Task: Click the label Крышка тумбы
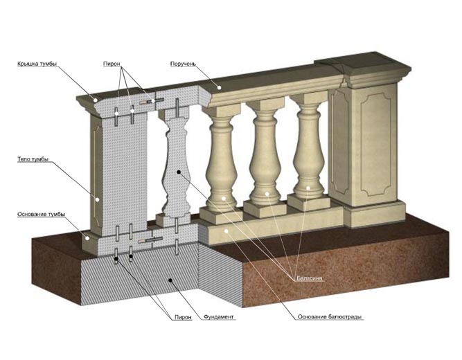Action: (37, 64)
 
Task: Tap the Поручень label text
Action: (183, 64)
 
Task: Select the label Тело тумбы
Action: (33, 159)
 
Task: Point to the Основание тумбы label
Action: (41, 214)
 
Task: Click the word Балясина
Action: (310, 278)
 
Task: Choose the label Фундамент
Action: (219, 316)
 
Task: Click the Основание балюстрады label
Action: (330, 316)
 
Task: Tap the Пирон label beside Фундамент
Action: (183, 317)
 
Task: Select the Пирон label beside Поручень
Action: (112, 64)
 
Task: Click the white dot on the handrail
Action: (219, 87)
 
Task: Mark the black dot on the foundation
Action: (170, 280)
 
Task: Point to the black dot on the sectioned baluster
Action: (178, 172)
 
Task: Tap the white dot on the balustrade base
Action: (226, 231)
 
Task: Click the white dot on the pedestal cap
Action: (96, 100)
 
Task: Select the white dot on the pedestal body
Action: (97, 199)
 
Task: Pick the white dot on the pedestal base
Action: (87, 238)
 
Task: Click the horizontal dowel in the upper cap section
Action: (152, 101)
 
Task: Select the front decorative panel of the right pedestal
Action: (375, 145)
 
